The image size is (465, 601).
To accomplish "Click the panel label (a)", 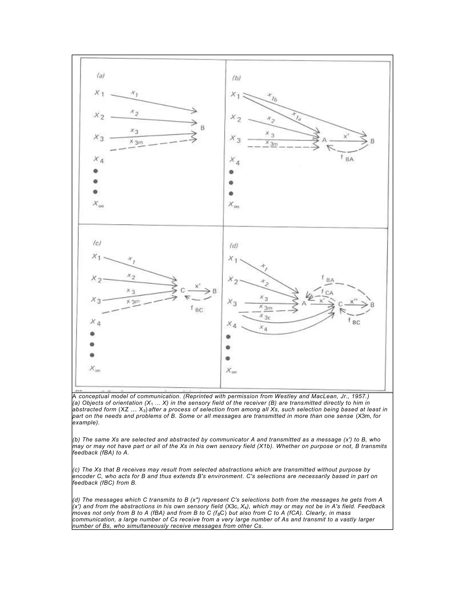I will pyautogui.click(x=101, y=76).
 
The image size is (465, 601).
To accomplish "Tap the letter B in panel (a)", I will pyautogui.click(x=203, y=128).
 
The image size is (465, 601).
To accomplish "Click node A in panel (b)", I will pyautogui.click(x=324, y=140).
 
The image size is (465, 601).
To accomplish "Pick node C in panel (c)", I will pyautogui.click(x=182, y=290).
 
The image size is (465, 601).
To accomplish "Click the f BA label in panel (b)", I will pyautogui.click(x=347, y=158).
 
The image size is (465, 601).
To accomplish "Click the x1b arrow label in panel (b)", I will pyautogui.click(x=272, y=98).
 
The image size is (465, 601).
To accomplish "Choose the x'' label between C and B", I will pyautogui.click(x=354, y=302).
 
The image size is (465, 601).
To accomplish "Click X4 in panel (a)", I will pyautogui.click(x=99, y=159).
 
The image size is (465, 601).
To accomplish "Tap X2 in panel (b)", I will pyautogui.click(x=236, y=118).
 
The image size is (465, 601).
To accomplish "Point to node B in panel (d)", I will pyautogui.click(x=372, y=305).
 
